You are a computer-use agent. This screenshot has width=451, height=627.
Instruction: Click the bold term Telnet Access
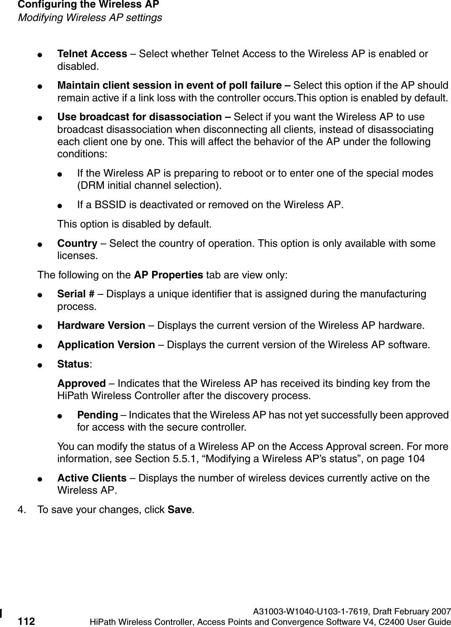(92, 54)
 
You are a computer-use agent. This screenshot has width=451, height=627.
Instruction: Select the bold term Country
(77, 243)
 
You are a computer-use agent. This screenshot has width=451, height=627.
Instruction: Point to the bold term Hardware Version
(101, 325)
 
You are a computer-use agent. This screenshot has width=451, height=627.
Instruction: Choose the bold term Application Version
(106, 345)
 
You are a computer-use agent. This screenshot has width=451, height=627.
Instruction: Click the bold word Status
(73, 364)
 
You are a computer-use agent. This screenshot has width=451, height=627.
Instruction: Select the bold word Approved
(82, 384)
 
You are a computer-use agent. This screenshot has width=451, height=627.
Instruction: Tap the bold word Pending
(98, 415)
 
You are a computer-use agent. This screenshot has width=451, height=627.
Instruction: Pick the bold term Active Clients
(92, 478)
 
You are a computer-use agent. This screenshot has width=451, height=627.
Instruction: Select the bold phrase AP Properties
(168, 275)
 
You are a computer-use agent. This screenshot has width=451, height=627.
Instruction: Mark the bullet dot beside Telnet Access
(40, 55)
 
